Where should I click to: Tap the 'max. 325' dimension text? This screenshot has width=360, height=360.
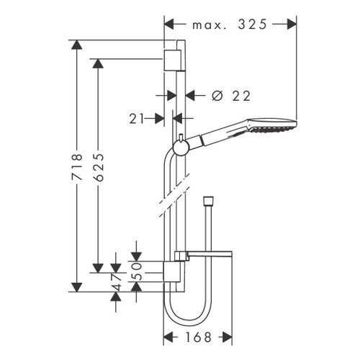coord(230,24)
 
